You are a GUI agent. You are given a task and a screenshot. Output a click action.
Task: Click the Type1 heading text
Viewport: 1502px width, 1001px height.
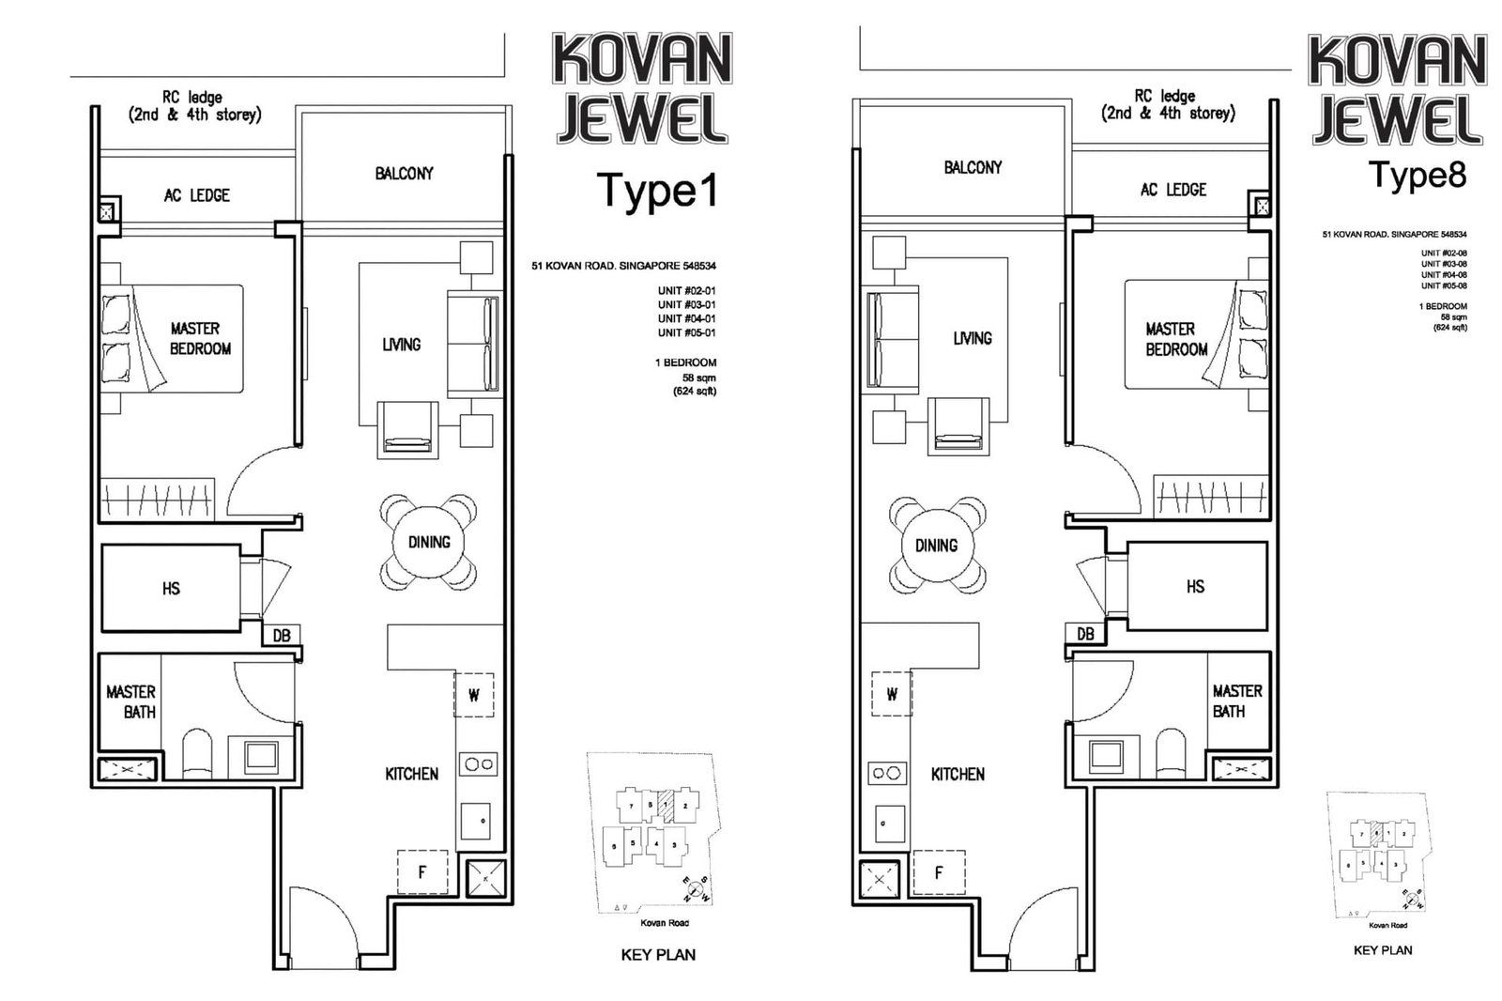[x=657, y=191]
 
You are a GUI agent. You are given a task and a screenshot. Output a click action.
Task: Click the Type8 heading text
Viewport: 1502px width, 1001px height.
[x=1417, y=176]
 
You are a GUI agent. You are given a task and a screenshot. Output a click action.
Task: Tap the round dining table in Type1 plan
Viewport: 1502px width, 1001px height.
[x=429, y=543]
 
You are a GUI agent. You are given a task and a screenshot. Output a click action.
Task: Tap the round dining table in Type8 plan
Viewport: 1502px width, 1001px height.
[x=936, y=546]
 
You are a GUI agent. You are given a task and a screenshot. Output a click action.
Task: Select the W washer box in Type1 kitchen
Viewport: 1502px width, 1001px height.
[x=474, y=696]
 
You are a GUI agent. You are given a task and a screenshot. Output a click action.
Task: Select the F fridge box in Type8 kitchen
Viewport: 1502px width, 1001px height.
[x=938, y=873]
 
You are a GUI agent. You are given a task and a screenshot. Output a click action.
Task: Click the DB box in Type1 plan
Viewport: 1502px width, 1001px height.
[x=281, y=636]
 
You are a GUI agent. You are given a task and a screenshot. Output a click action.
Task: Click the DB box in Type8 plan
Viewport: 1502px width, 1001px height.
[x=1085, y=634]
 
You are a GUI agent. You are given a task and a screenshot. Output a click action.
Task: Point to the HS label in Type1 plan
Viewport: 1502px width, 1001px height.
[x=171, y=589]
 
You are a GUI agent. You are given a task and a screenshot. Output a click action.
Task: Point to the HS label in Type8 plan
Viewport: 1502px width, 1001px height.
[x=1195, y=587]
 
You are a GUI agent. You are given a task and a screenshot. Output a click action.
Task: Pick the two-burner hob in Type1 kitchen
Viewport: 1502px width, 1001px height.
[x=478, y=763]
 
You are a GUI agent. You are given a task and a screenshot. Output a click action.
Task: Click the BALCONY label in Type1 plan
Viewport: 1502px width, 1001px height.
[x=404, y=174]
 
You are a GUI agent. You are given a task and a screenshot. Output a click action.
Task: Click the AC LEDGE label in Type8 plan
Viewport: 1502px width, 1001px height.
[x=1173, y=190]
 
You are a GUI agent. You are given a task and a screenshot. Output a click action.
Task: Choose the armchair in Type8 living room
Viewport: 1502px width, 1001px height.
[x=959, y=427]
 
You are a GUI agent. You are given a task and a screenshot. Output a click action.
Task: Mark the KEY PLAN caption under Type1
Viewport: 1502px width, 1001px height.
[x=658, y=955]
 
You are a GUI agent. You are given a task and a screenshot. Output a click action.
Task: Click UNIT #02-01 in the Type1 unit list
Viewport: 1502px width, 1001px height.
[x=686, y=291]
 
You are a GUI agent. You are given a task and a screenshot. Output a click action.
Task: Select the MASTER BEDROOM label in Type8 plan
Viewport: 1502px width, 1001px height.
[x=1175, y=339]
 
